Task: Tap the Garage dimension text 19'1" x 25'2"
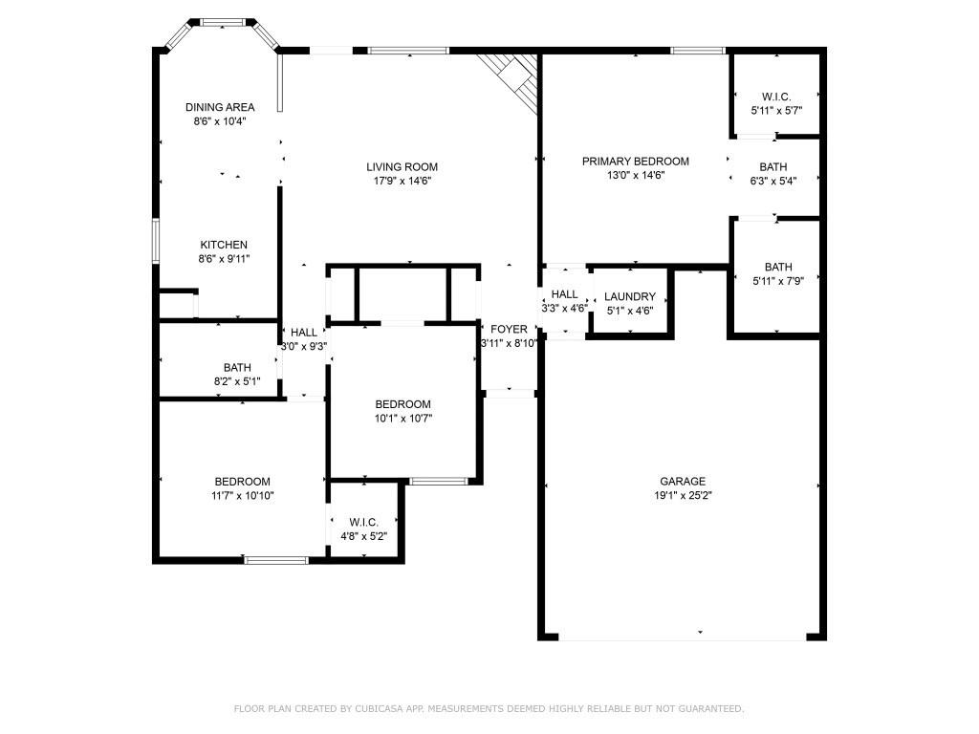click(683, 495)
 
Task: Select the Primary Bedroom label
click(635, 162)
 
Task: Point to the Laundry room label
click(630, 297)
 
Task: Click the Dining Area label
click(220, 107)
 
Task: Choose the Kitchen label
click(224, 245)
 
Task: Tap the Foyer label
click(509, 329)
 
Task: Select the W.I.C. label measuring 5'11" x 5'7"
click(776, 97)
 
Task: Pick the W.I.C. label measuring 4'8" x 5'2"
click(363, 522)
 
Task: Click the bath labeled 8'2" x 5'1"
click(236, 367)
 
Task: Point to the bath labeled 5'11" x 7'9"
click(777, 267)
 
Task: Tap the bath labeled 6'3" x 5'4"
click(773, 167)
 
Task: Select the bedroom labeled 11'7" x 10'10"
click(242, 482)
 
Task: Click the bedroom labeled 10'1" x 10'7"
click(402, 404)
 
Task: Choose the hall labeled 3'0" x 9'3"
click(304, 333)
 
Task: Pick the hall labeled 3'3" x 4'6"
click(564, 294)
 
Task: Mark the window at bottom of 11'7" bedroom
click(276, 560)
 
